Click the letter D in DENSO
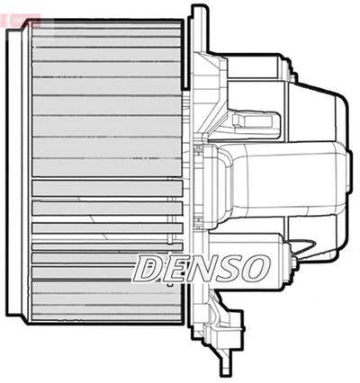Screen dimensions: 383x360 149,266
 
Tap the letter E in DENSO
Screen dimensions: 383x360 175,266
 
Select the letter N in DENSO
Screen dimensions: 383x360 200,266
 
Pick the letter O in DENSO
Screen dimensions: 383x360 253,266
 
